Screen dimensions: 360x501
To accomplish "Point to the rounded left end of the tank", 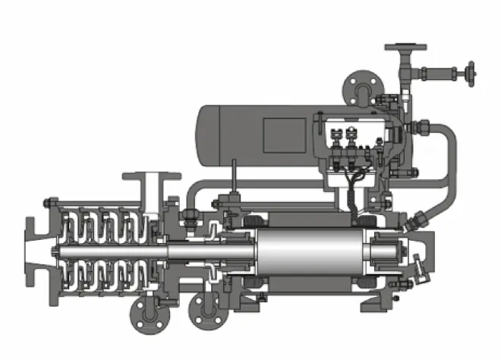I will [x=203, y=137].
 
